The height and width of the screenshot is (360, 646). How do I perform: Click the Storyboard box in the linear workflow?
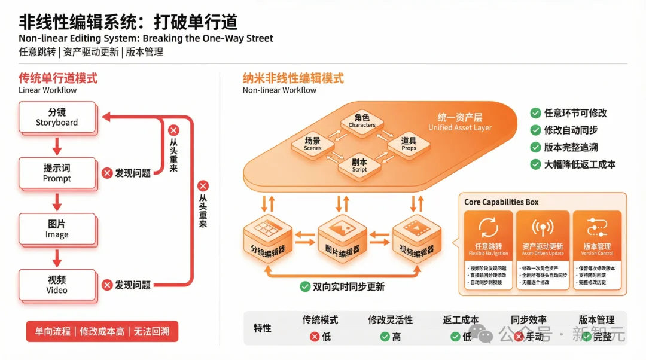click(x=57, y=117)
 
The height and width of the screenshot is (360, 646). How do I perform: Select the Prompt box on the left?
click(x=57, y=173)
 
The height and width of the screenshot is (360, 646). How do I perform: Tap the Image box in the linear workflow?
click(x=57, y=229)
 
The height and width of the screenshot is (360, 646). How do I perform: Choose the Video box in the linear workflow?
click(x=57, y=285)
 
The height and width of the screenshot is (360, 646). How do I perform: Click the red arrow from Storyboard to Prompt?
click(x=57, y=145)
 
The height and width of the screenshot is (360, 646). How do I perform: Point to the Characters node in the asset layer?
click(x=362, y=121)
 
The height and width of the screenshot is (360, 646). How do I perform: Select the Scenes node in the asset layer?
click(x=312, y=144)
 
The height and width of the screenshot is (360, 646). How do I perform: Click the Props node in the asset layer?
click(x=409, y=144)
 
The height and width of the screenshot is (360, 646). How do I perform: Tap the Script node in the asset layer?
click(x=359, y=166)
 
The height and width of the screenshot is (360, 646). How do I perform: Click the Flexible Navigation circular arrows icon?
click(x=488, y=228)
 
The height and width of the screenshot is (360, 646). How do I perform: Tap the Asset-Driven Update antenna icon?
click(x=543, y=228)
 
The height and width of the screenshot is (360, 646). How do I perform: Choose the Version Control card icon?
click(x=597, y=228)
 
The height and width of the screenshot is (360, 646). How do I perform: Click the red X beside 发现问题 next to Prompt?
click(x=107, y=173)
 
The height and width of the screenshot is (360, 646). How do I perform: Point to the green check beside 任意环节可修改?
click(x=535, y=113)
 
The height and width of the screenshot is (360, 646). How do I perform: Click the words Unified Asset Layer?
click(x=460, y=127)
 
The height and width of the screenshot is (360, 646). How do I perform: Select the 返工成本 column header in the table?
click(x=461, y=320)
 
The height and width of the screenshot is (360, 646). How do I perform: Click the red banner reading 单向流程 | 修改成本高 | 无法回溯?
click(x=102, y=331)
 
